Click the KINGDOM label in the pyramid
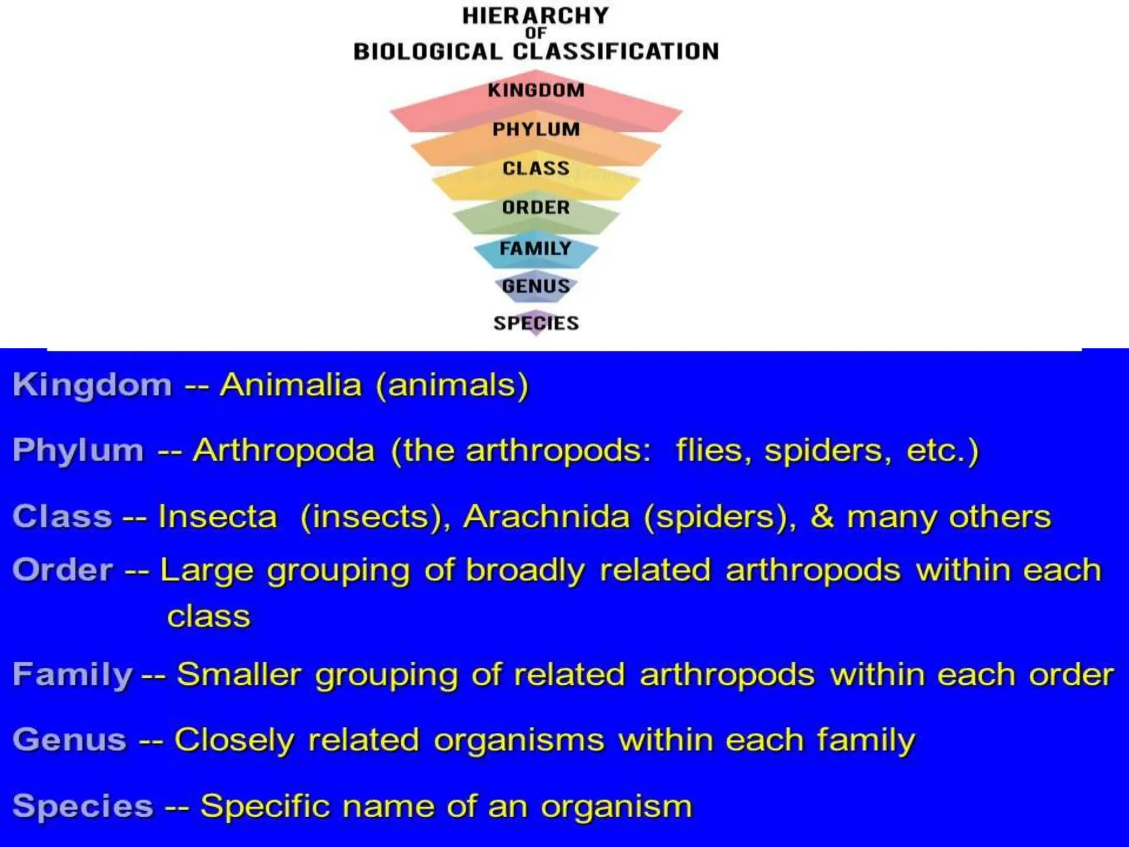[536, 90]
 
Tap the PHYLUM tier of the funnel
[536, 129]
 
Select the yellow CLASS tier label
[536, 168]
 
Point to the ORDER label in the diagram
[536, 207]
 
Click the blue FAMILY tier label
[535, 248]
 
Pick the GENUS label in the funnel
[536, 286]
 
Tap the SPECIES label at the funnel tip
[536, 323]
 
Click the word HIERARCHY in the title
[535, 16]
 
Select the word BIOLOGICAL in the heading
[428, 52]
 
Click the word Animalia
[291, 384]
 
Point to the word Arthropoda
[284, 450]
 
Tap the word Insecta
[217, 517]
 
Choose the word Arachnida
[546, 517]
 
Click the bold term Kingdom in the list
[92, 384]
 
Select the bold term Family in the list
[72, 674]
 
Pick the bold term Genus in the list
[69, 739]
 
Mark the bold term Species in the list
[83, 806]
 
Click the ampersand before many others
[821, 517]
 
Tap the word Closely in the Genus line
[234, 739]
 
